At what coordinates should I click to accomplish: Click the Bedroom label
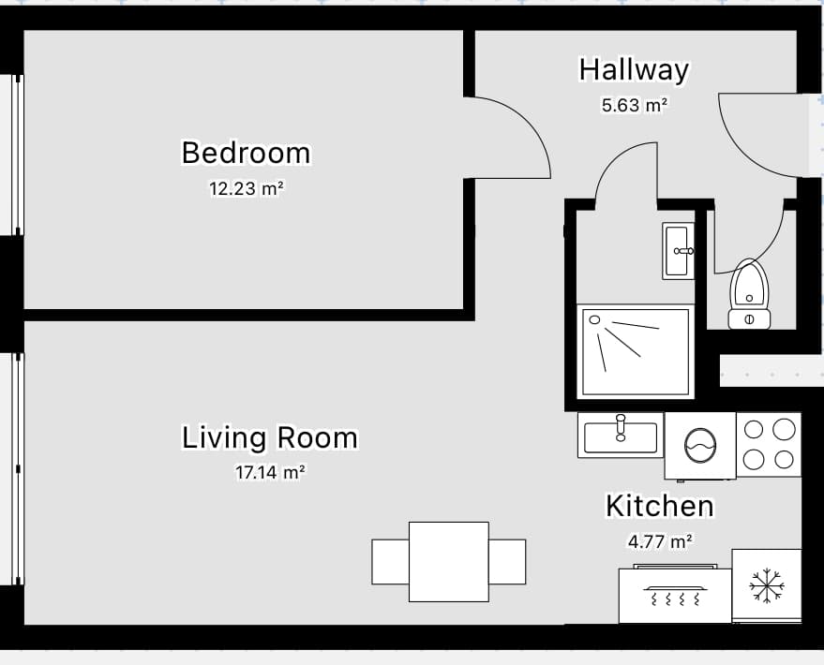(x=246, y=153)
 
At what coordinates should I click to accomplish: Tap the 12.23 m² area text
(x=247, y=188)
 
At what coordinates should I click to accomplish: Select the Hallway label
(x=634, y=70)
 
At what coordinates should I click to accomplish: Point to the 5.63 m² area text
(x=635, y=106)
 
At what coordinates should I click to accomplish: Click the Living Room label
(x=270, y=437)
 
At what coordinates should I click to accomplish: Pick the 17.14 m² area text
(x=270, y=472)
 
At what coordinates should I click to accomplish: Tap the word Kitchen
(x=660, y=506)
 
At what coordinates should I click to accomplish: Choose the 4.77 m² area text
(x=660, y=541)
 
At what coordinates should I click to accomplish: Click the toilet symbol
(x=749, y=294)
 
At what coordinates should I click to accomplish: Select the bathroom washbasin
(x=679, y=251)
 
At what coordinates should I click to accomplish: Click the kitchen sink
(x=621, y=436)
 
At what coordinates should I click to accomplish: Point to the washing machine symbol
(x=700, y=446)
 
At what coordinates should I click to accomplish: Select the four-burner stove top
(x=769, y=445)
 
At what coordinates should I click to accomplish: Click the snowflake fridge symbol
(x=767, y=585)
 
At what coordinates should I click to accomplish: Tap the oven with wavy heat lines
(x=675, y=595)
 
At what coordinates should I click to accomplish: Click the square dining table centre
(x=449, y=562)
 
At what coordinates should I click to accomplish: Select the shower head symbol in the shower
(x=594, y=319)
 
